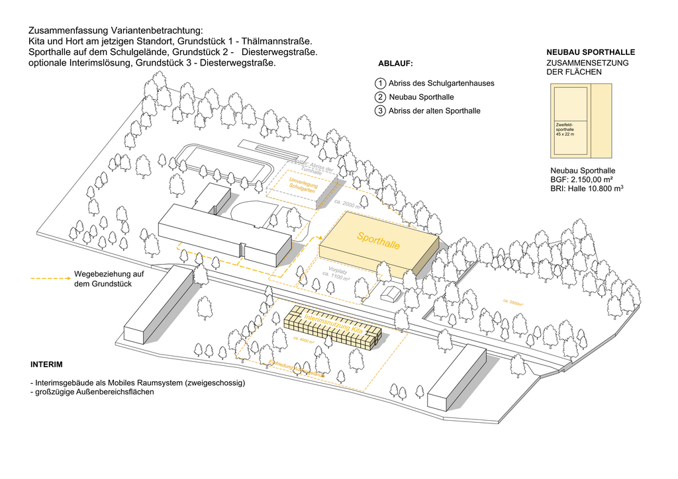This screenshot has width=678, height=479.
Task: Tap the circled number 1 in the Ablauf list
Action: tap(380, 83)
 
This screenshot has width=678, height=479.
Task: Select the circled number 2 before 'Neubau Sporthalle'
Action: tap(380, 97)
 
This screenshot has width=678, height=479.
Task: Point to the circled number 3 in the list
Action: tap(380, 111)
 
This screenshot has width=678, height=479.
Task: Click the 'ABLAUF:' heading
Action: tap(395, 64)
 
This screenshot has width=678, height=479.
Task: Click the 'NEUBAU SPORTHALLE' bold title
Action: tap(591, 52)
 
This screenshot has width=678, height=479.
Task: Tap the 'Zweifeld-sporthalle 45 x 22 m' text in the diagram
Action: tap(565, 129)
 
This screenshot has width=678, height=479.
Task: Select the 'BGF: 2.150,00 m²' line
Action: tap(581, 179)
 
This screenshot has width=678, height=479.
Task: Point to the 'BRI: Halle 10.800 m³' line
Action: tap(587, 189)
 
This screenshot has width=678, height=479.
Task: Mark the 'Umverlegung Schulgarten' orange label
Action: tap(304, 185)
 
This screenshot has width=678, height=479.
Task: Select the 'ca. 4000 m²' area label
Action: tap(303, 339)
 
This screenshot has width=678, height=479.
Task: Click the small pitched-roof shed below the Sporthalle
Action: tap(390, 293)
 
